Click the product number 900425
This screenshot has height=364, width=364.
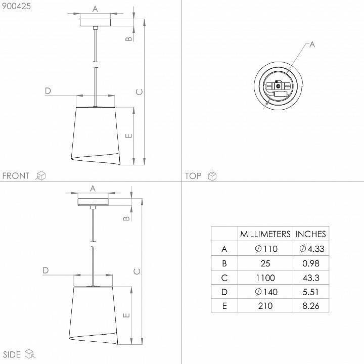point(16,6)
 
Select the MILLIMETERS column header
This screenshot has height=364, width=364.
point(265,234)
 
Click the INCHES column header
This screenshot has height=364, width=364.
point(310,234)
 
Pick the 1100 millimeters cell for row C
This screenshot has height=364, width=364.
point(265,278)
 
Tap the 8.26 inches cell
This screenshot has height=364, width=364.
point(311,306)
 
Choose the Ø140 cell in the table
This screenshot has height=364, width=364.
point(266,292)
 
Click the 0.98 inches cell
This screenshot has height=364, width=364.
point(311,263)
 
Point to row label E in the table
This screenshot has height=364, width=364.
point(224,306)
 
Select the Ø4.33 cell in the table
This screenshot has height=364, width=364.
point(312,249)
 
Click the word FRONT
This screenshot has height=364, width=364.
point(16,176)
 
